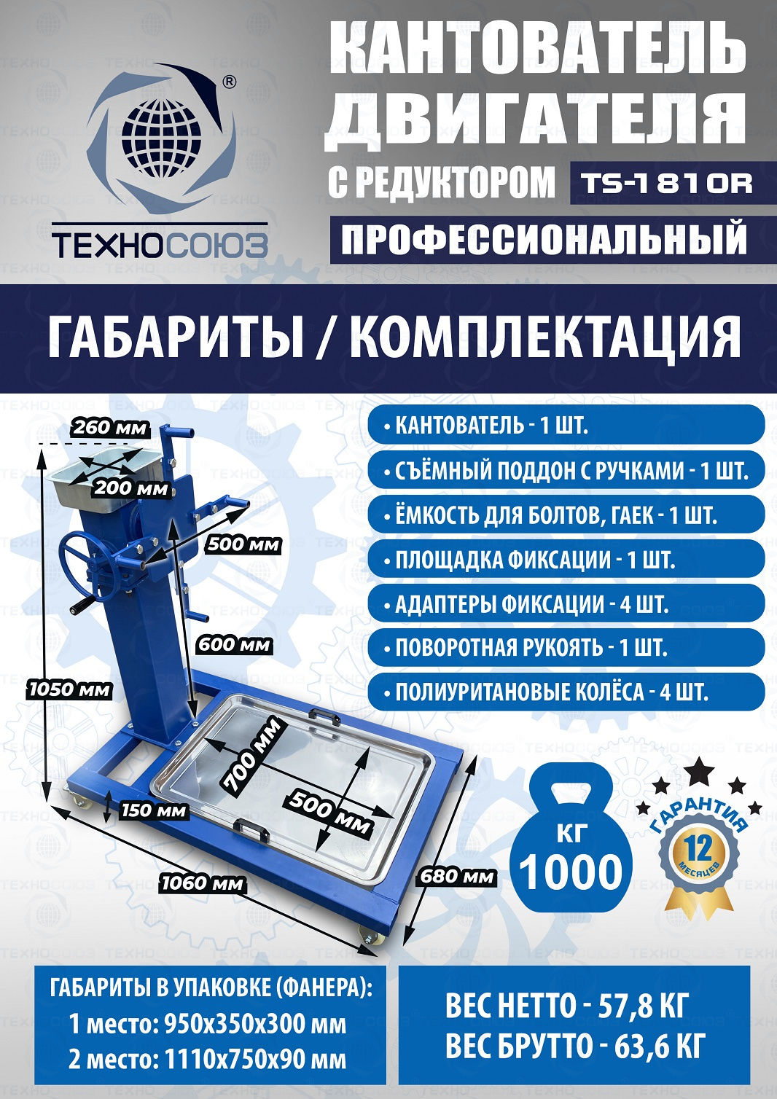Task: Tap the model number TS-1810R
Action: click(x=666, y=183)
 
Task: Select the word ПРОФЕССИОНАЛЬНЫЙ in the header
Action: click(x=544, y=239)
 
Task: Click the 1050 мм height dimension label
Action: click(x=69, y=690)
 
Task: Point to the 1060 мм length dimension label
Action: click(x=203, y=883)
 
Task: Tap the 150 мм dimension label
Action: click(x=154, y=810)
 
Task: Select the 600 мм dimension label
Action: click(x=234, y=645)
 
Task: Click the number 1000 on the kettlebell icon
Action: click(x=570, y=872)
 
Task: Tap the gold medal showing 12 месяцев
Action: click(x=698, y=851)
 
